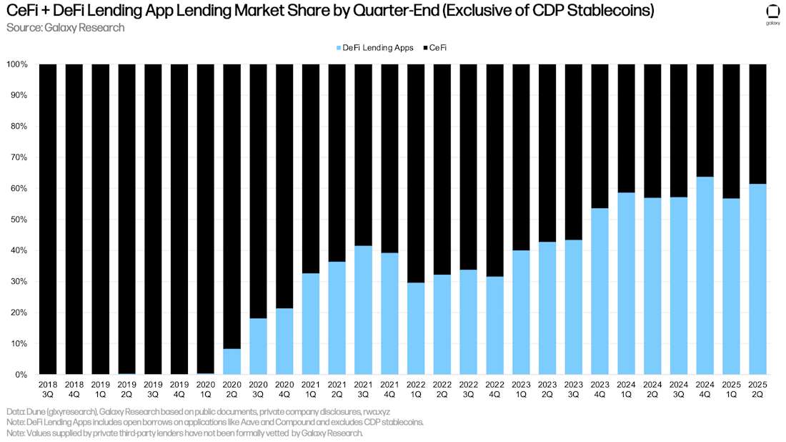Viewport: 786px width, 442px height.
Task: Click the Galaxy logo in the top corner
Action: click(x=772, y=14)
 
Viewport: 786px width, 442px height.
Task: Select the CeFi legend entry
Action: click(x=440, y=47)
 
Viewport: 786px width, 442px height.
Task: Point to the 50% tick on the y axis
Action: click(x=18, y=220)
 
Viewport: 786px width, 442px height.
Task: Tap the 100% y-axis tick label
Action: click(x=16, y=64)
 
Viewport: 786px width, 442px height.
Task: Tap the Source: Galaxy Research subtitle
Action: click(x=65, y=28)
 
